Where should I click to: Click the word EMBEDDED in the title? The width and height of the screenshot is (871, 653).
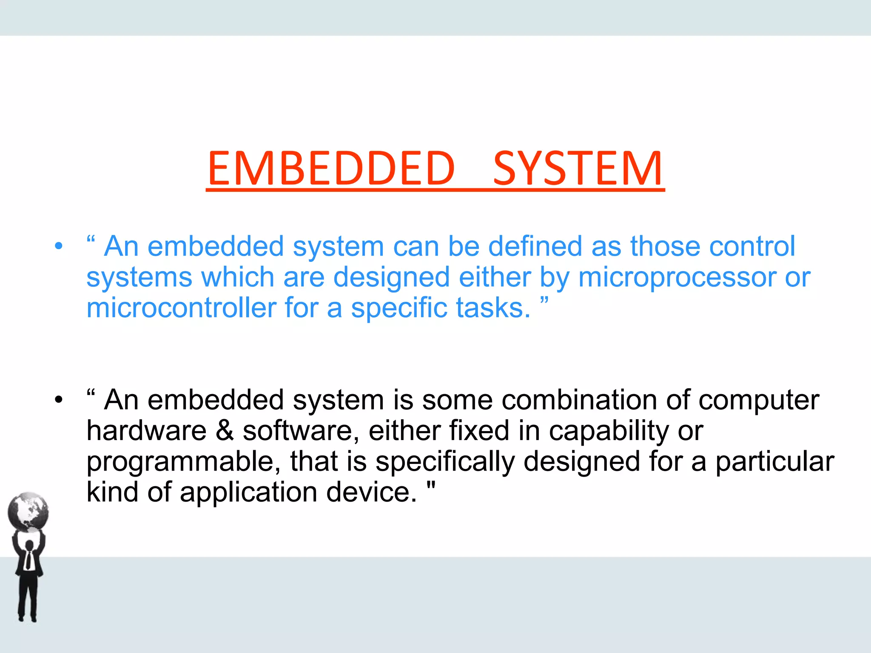coord(331,169)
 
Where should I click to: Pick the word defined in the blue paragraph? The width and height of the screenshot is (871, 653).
coord(535,247)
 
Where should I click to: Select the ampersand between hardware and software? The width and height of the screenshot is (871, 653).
coord(225,431)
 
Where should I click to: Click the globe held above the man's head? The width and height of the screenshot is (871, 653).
coord(28,512)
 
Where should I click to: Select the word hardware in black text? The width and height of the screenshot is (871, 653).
coord(146,431)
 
